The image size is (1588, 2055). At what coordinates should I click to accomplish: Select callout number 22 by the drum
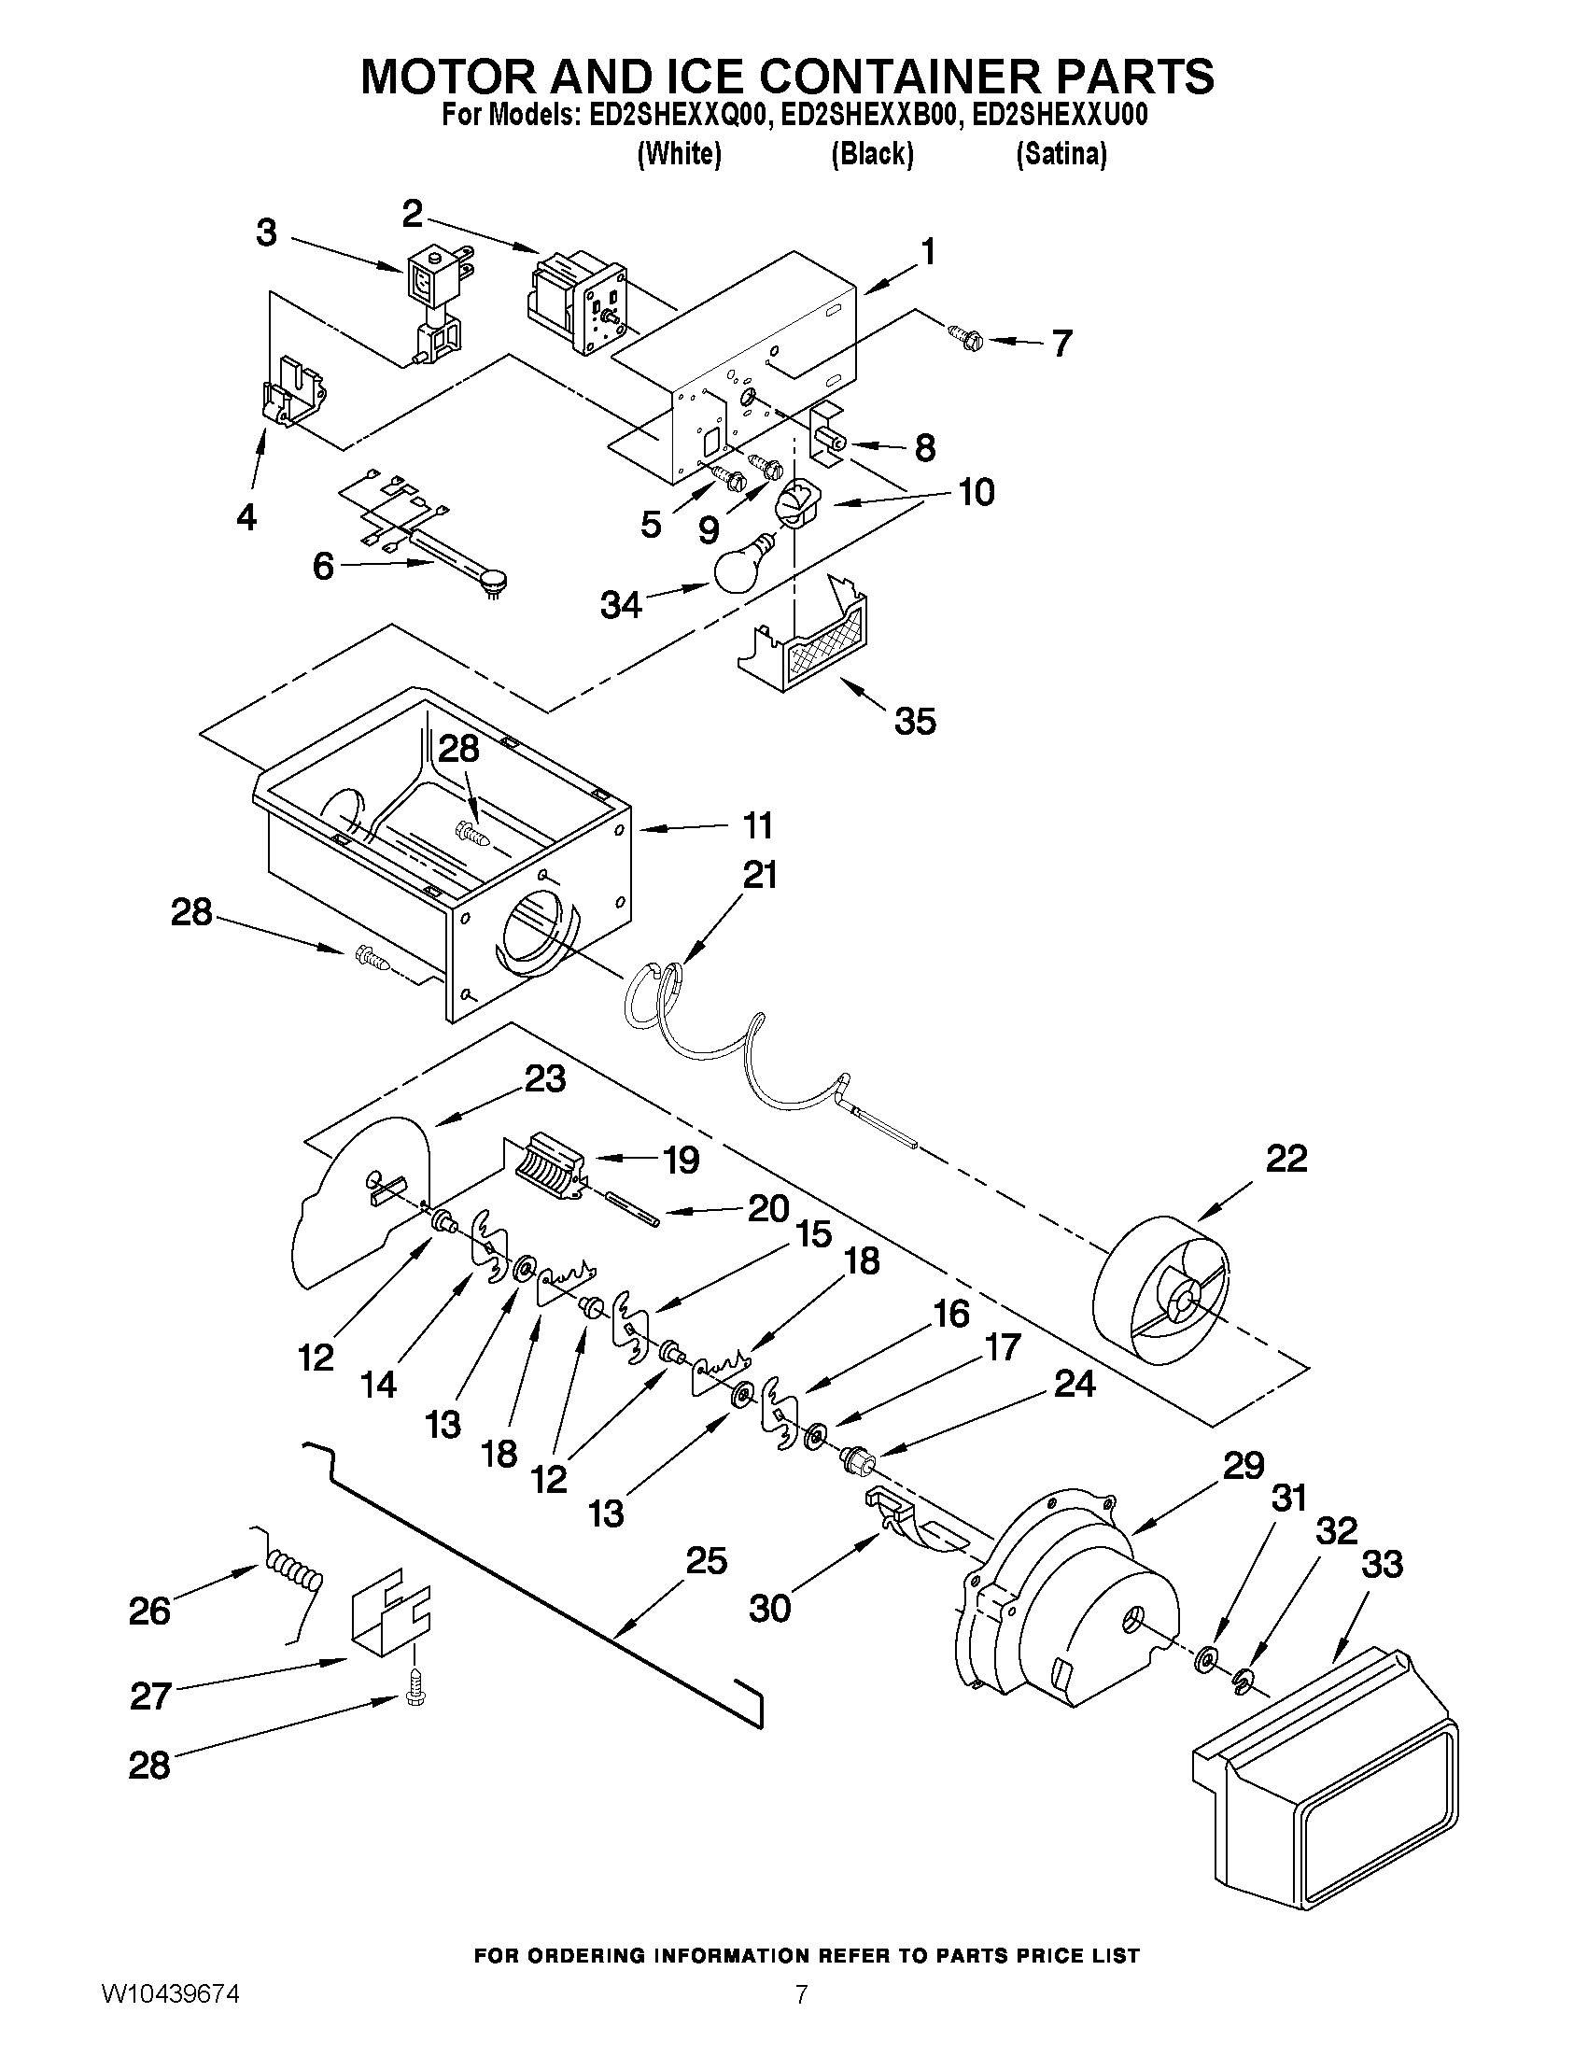tap(1286, 1159)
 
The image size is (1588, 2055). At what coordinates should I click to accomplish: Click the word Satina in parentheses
tap(1061, 153)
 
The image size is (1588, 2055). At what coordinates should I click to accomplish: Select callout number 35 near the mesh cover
tap(914, 722)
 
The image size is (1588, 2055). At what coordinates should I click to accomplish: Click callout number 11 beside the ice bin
tap(757, 825)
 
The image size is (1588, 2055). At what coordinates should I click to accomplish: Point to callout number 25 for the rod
tap(706, 1561)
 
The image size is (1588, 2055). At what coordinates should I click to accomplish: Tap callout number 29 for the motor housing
tap(1243, 1465)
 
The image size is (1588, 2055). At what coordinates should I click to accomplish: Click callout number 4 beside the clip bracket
tap(246, 515)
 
